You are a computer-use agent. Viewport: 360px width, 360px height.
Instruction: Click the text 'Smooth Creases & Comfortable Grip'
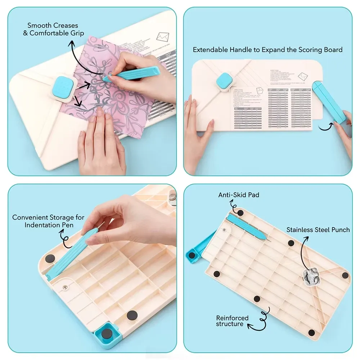tap(55, 29)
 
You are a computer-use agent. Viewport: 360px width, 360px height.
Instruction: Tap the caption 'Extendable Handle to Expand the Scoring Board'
tap(267, 50)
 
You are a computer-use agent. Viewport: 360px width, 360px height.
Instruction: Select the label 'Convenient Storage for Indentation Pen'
tap(48, 221)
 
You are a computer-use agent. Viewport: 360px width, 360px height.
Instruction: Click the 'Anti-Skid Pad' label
tap(239, 195)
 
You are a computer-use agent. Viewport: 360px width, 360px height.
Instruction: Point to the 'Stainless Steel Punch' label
tap(318, 229)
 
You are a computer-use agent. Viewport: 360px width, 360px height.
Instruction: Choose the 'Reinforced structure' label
tap(232, 321)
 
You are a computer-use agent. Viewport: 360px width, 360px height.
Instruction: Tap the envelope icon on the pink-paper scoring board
tap(162, 37)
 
